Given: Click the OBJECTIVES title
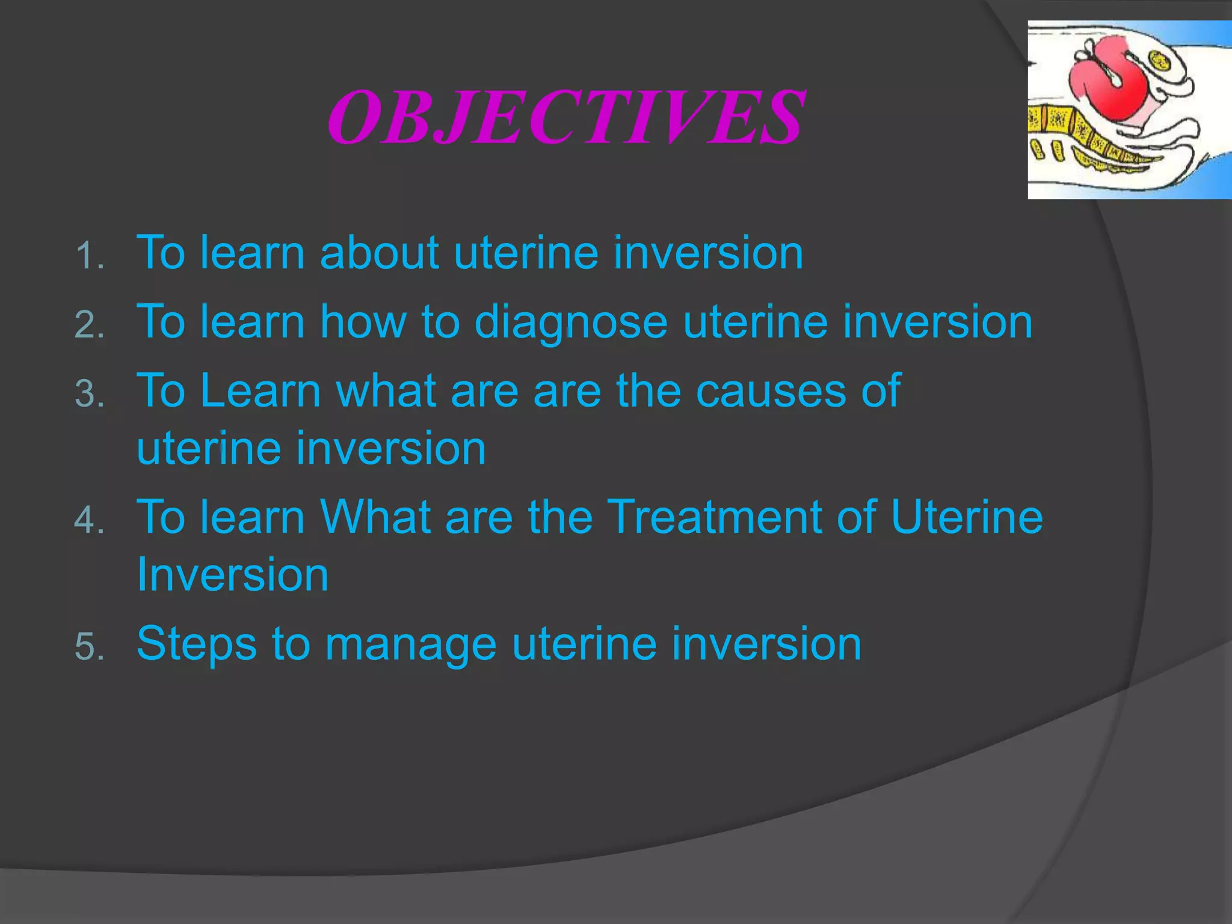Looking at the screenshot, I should click(565, 117).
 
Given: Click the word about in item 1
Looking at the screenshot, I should click(379, 253).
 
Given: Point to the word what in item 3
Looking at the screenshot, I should click(386, 391).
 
